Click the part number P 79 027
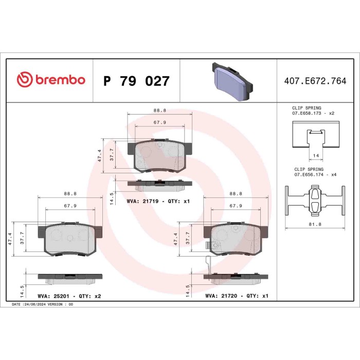(136, 81)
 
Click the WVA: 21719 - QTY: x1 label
(158, 201)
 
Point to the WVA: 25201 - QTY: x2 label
(69, 296)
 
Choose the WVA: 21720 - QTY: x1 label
(237, 296)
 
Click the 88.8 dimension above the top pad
(159, 110)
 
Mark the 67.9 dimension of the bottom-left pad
(70, 206)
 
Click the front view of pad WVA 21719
(160, 156)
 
